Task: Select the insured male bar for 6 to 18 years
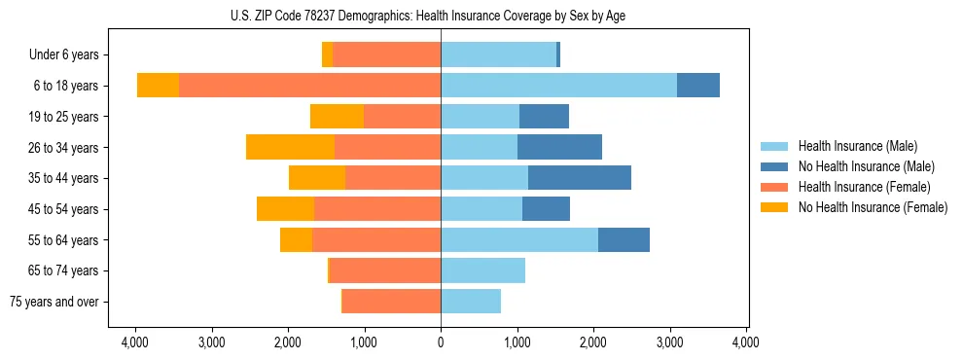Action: point(558,86)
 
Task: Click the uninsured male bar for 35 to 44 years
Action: point(579,178)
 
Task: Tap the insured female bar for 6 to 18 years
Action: point(309,86)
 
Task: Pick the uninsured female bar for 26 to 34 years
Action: point(290,147)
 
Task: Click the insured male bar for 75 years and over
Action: point(471,302)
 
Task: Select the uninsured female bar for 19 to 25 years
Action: point(337,117)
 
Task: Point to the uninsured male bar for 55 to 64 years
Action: point(624,239)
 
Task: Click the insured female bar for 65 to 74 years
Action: point(385,270)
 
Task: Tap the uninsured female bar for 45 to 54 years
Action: point(285,209)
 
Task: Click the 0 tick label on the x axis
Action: point(441,342)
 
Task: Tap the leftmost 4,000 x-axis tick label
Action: point(135,342)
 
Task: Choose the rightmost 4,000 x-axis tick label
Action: point(746,342)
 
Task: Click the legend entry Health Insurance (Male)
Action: point(857,146)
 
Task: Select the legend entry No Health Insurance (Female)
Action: point(873,207)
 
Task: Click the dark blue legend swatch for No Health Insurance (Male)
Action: point(775,166)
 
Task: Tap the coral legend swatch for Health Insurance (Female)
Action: point(775,187)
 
